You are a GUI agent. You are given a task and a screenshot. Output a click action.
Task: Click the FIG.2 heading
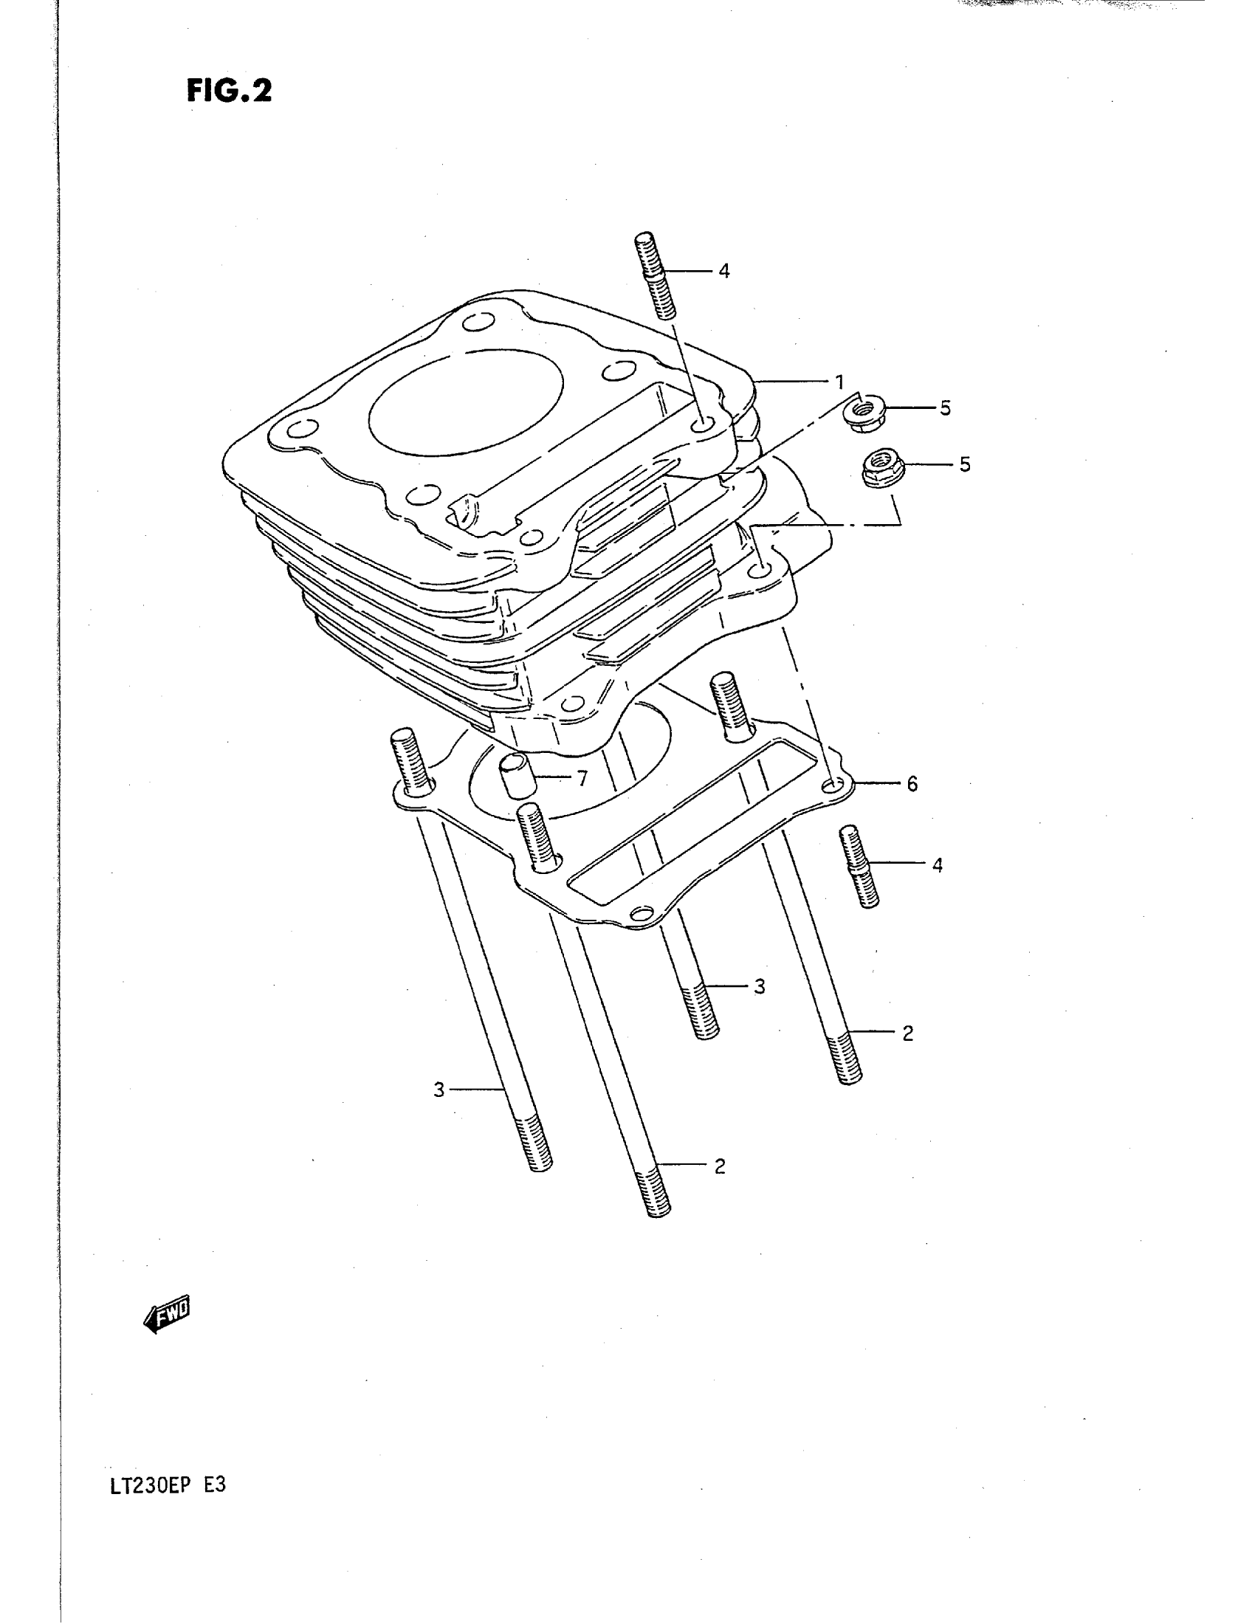229,91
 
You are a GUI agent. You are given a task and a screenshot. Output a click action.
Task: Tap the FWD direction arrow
168,1315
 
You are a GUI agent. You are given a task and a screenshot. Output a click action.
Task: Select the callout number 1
839,382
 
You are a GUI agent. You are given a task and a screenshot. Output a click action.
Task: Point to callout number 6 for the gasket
912,784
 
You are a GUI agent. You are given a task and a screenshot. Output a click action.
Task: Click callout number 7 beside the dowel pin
582,779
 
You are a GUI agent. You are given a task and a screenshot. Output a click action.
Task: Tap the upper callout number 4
724,272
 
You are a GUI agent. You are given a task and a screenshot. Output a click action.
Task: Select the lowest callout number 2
720,1166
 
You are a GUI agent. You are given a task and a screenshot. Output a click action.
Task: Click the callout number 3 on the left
439,1090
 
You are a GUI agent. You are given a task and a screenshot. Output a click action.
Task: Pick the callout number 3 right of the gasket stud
759,987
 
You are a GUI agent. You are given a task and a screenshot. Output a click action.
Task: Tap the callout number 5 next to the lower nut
964,465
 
